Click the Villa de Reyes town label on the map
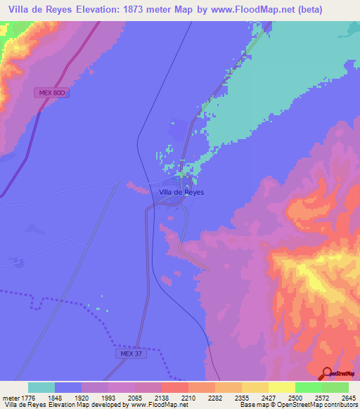click(x=181, y=191)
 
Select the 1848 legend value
click(x=55, y=397)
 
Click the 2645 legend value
click(x=348, y=397)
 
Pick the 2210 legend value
click(x=188, y=397)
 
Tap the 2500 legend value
click(x=295, y=397)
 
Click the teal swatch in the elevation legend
click(x=41, y=387)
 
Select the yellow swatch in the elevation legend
click(x=281, y=387)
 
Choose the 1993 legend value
click(x=108, y=397)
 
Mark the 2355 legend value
click(x=241, y=397)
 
